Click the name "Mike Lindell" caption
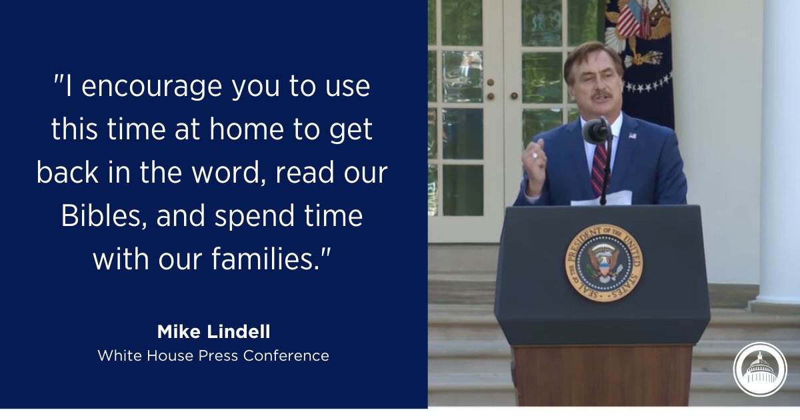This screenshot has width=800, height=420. (x=213, y=331)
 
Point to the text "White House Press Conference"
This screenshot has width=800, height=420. (x=213, y=355)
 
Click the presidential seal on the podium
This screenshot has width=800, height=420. (x=603, y=262)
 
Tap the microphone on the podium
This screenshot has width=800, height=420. (x=597, y=131)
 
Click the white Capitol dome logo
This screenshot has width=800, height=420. (x=760, y=369)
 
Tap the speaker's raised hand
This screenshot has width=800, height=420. (x=535, y=164)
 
